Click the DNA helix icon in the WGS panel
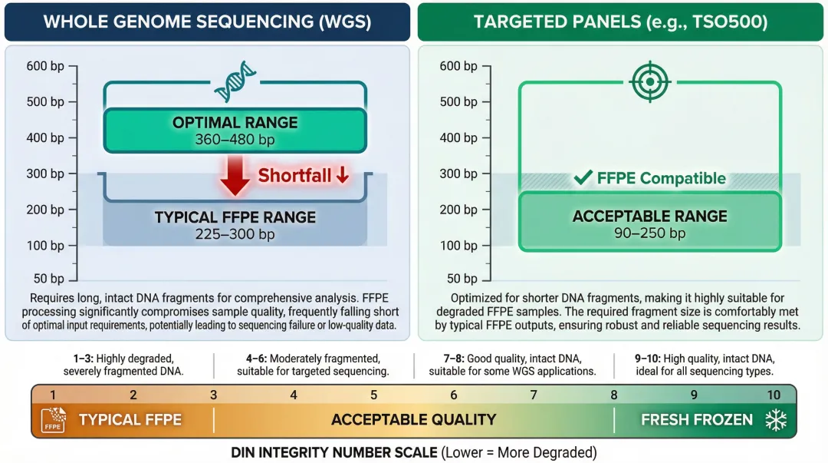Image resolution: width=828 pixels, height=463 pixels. pos(235,84)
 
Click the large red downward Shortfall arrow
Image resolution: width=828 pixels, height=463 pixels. pos(235,175)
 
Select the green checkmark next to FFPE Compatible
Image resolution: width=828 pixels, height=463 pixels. pos(583,178)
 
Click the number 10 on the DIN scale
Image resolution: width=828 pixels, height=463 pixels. pos(774,395)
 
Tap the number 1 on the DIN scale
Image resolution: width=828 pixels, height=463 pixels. pos(53,395)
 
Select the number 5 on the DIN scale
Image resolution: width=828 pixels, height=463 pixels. pos(373,395)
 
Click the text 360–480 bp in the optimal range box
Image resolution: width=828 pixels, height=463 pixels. pos(235,140)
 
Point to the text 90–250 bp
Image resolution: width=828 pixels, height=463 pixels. pos(649,233)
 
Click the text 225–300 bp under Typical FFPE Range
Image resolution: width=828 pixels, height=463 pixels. pos(235,233)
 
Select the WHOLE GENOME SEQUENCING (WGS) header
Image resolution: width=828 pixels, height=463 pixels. pos(207,21)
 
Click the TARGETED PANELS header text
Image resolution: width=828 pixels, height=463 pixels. pos(620,21)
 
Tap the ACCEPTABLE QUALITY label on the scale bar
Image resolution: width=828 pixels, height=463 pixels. pos(413,420)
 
